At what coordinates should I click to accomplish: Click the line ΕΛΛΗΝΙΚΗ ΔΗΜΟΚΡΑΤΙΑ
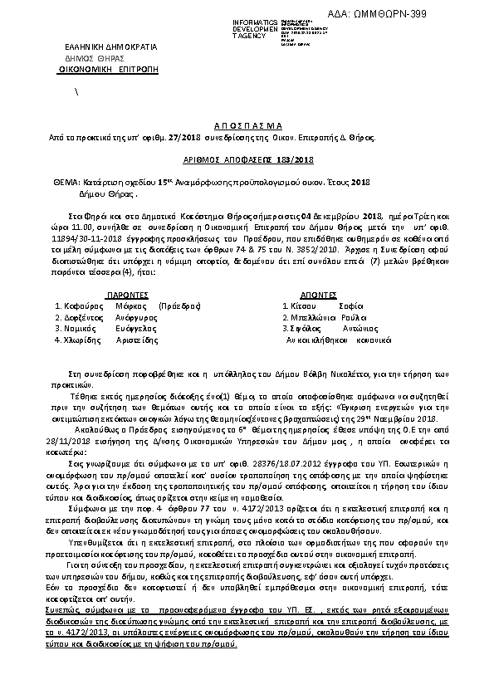[x=95, y=47]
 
